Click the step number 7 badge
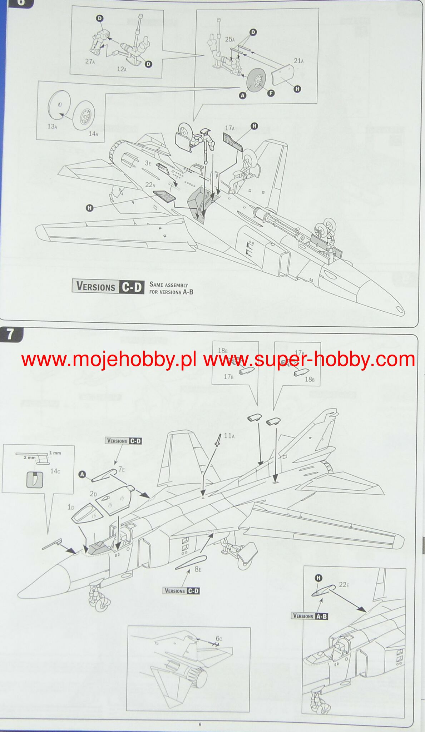tap(10, 335)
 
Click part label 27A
tap(90, 61)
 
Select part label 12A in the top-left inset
tap(122, 69)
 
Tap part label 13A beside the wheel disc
tap(52, 126)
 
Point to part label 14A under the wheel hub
tap(93, 134)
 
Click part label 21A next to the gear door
tap(298, 61)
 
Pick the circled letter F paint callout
tap(271, 93)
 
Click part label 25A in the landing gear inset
tap(230, 39)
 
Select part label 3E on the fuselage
tap(148, 163)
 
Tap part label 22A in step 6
tap(150, 185)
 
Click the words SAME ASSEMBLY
tap(169, 285)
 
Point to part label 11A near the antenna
tap(229, 436)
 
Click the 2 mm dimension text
tap(29, 457)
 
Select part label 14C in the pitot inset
tap(55, 471)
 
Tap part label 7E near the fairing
tap(122, 469)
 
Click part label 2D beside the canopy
tap(93, 494)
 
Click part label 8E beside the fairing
tap(198, 569)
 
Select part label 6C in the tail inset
tap(219, 639)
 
